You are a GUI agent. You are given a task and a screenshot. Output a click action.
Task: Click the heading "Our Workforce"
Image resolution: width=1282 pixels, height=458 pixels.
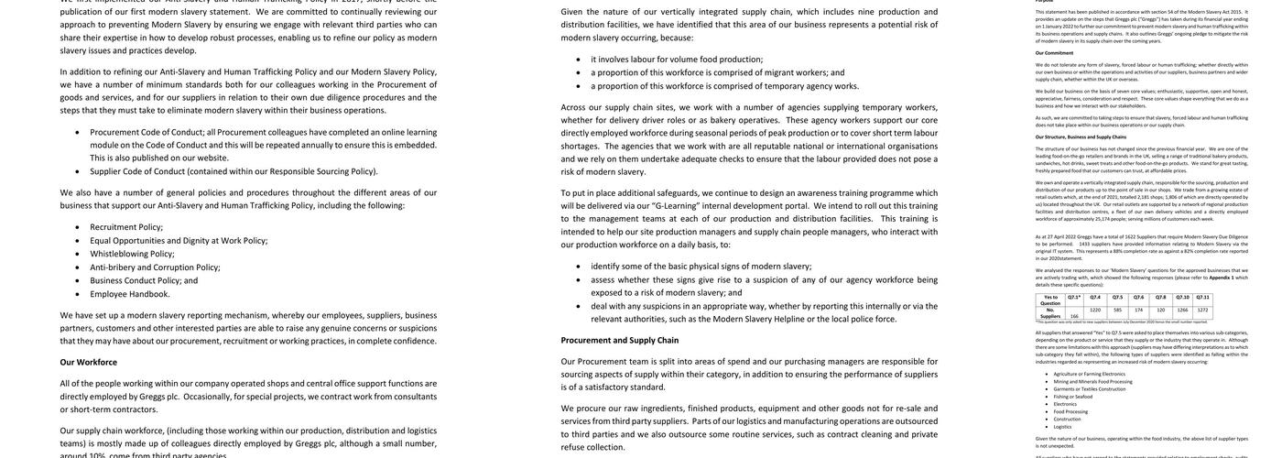tap(89, 362)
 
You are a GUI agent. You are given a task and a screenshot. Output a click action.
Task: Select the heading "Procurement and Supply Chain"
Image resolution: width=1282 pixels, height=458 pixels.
tap(620, 340)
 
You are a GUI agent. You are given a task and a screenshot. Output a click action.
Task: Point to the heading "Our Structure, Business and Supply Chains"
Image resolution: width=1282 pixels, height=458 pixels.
tap(1081, 136)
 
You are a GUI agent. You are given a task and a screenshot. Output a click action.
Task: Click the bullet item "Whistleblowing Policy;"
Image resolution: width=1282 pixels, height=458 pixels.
tap(132, 254)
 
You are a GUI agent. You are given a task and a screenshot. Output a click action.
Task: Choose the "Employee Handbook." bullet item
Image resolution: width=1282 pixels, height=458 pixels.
tap(130, 294)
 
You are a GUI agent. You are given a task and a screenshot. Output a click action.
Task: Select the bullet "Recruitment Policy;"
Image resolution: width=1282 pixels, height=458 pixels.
tap(126, 227)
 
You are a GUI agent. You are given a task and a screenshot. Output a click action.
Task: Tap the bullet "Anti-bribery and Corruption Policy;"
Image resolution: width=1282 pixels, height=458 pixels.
tap(155, 267)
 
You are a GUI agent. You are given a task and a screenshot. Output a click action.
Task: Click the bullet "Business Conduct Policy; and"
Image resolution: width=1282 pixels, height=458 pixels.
tap(144, 280)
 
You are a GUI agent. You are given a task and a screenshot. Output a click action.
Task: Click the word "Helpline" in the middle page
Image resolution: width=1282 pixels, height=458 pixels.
tap(789, 319)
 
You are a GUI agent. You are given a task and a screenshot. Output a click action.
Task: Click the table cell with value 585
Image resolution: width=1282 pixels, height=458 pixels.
tap(1118, 310)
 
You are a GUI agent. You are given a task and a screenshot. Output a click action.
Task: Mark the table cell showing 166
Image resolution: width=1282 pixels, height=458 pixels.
tap(1074, 316)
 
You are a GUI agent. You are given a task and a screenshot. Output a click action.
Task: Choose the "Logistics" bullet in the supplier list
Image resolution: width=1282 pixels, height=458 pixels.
tap(1062, 426)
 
